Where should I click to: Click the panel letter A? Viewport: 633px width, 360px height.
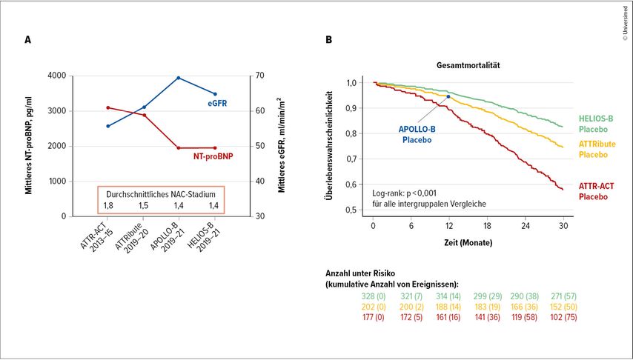(x=28, y=41)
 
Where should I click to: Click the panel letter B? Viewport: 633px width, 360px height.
(x=329, y=41)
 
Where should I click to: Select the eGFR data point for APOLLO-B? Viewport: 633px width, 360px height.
(x=179, y=78)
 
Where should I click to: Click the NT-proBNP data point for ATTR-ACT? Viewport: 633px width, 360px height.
(x=108, y=108)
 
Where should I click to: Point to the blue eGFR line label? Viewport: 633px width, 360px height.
(x=216, y=105)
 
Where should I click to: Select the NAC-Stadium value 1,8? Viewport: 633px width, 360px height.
(x=108, y=204)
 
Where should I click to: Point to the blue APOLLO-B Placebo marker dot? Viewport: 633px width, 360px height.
(x=448, y=96)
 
